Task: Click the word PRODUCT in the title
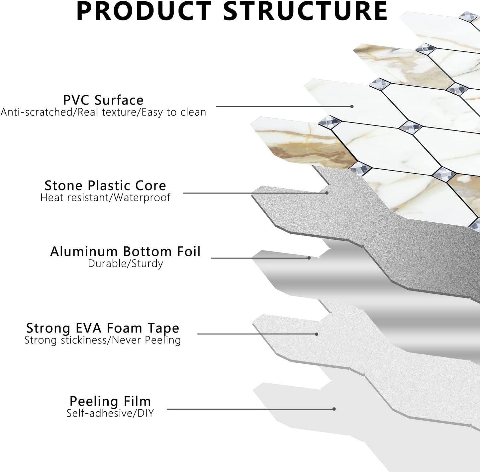144,11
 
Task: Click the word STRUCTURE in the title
305,11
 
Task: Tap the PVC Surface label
103,100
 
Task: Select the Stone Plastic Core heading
105,185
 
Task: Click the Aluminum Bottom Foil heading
125,251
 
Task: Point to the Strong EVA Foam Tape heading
103,328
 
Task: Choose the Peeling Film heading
110,401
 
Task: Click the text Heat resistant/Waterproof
105,197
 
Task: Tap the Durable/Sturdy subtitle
125,264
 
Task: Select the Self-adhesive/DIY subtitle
110,413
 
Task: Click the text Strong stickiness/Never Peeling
103,340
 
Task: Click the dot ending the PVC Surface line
352,107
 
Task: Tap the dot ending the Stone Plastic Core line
327,193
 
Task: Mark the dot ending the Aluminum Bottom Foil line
309,258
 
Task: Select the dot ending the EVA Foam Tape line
317,334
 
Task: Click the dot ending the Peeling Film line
334,409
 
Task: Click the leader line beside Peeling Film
249,409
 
